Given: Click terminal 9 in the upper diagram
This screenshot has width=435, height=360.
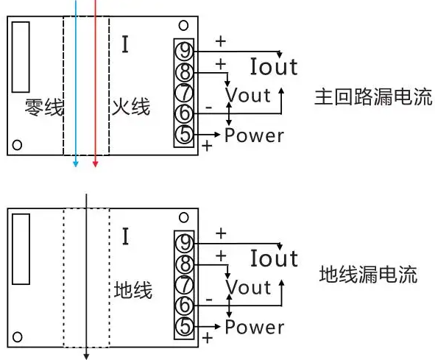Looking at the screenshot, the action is tap(185, 51).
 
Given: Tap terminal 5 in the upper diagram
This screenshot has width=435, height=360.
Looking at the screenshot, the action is tap(185, 135).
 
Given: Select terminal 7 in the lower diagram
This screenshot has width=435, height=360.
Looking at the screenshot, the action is tap(185, 285).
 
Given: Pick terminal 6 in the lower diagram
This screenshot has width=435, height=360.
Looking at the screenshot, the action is tap(185, 306).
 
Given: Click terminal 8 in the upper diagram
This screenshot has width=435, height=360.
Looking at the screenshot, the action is tap(185, 72).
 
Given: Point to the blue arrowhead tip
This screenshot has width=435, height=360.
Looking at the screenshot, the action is tap(76, 167).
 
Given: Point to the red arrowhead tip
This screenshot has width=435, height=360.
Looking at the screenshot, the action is tap(95, 167).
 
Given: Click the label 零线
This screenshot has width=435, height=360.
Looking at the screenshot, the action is tap(44, 107).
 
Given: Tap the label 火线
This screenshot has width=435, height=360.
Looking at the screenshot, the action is tap(131, 106).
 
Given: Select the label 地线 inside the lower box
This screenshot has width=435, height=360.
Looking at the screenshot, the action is tap(133, 290).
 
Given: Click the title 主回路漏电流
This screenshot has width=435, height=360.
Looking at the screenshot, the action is tap(373, 97).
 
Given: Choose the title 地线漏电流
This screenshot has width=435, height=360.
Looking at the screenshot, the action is tap(369, 275).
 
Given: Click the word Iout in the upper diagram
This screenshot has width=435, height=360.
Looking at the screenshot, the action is tap(274, 66).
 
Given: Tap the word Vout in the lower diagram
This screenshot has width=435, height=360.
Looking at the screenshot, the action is tap(248, 287).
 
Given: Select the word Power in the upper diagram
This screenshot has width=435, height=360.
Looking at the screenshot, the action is tap(255, 135).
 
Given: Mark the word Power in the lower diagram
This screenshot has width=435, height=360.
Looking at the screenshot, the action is tap(255, 327).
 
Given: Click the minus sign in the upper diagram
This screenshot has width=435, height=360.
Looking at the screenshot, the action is tap(209, 107).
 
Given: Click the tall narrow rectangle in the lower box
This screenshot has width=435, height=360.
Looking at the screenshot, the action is tap(21, 249).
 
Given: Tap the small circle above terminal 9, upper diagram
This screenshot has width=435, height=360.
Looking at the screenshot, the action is tap(183, 26).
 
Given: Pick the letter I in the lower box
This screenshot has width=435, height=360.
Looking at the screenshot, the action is tap(126, 236).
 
